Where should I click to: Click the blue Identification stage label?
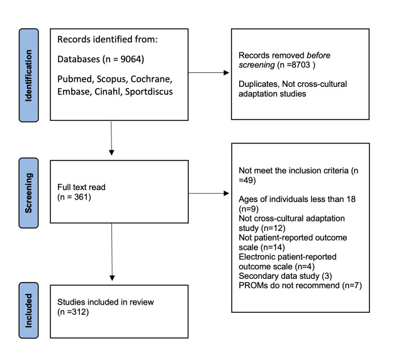pyautogui.click(x=29, y=76)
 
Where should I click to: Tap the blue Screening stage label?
pyautogui.click(x=29, y=193)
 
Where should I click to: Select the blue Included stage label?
pyautogui.click(x=29, y=310)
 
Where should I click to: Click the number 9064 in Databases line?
pyautogui.click(x=130, y=59)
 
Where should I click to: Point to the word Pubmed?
pyautogui.click(x=75, y=79)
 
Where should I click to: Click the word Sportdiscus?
pyautogui.click(x=149, y=91)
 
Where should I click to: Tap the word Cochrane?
pyautogui.click(x=152, y=79)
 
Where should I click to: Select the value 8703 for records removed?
pyautogui.click(x=300, y=65)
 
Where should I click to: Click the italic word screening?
pyautogui.click(x=257, y=65)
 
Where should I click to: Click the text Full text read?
pyautogui.click(x=81, y=187)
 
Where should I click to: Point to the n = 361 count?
pyautogui.click(x=74, y=197)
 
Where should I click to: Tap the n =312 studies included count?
pyautogui.click(x=73, y=312)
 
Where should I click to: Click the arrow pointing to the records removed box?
pyautogui.click(x=208, y=73)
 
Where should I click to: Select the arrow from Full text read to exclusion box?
pyautogui.click(x=208, y=193)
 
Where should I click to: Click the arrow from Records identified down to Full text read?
pyautogui.click(x=111, y=138)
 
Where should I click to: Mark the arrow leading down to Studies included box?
pyautogui.click(x=112, y=252)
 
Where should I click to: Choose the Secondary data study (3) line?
pyautogui.click(x=285, y=276)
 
